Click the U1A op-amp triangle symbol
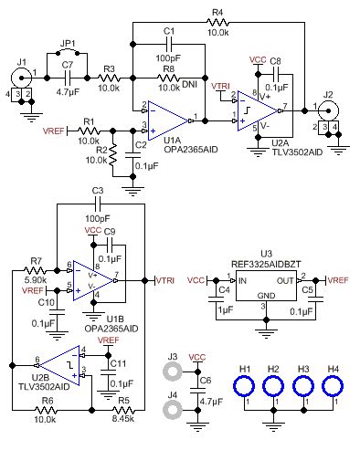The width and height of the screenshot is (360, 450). pos(169,119)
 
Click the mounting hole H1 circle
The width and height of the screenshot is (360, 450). pos(245,384)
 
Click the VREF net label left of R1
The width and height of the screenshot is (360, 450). pos(56,130)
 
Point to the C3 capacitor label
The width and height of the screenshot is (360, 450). pos(98,190)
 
